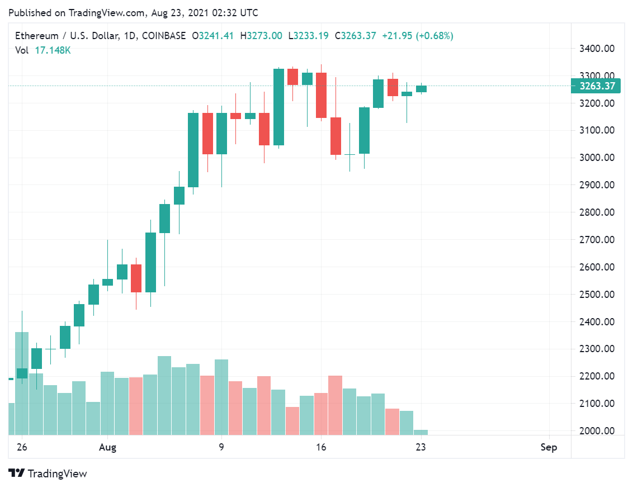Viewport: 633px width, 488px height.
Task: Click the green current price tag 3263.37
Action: click(x=597, y=86)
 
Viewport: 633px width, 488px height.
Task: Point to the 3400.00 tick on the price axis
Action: click(x=597, y=49)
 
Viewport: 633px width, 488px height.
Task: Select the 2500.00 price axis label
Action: click(x=597, y=295)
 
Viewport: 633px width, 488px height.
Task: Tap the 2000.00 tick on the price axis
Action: click(x=597, y=431)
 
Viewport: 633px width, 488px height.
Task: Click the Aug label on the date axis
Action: click(x=107, y=447)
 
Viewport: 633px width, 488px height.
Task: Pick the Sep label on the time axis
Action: click(x=549, y=447)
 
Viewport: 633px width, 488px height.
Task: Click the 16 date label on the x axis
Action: click(x=321, y=447)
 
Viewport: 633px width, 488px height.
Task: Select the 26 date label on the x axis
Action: click(x=22, y=447)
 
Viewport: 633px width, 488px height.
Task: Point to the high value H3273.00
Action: click(x=261, y=36)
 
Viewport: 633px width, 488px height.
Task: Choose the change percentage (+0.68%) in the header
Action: click(x=433, y=36)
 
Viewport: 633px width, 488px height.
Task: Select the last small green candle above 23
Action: click(x=421, y=89)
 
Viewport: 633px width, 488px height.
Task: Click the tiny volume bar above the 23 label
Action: click(x=421, y=432)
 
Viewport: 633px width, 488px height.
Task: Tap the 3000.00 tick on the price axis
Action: click(x=597, y=158)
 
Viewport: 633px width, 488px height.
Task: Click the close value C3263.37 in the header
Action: click(x=355, y=36)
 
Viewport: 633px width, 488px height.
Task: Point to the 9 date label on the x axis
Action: click(x=221, y=447)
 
